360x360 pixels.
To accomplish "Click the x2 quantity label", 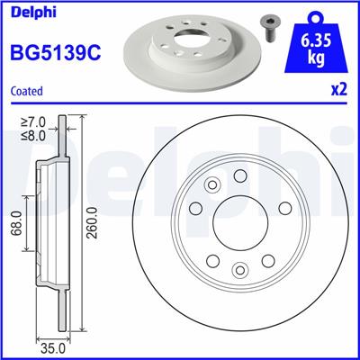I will [x=339, y=90].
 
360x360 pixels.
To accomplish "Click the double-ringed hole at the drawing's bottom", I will [x=238, y=269].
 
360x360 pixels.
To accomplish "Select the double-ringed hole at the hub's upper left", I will [x=212, y=186].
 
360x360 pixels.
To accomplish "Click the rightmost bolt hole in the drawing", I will [x=283, y=209].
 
